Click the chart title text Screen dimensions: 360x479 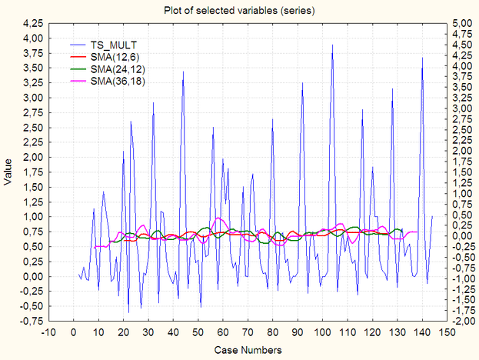click(x=239, y=10)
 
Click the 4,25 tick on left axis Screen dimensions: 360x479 click(x=33, y=38)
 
